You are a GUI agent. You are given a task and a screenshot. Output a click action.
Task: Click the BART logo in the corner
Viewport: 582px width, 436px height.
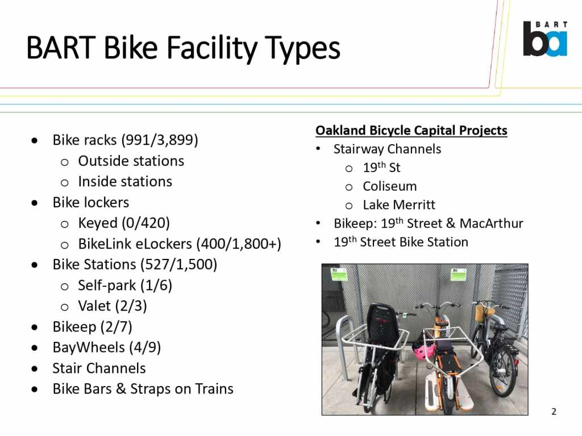click(545, 39)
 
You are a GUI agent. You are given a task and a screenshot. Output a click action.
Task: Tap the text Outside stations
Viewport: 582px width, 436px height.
click(131, 161)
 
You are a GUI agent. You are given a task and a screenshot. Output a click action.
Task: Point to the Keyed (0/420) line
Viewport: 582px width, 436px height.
click(124, 223)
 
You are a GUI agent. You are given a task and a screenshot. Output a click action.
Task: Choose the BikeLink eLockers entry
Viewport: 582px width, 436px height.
click(180, 244)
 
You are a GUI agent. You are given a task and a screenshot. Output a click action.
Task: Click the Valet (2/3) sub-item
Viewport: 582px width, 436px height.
click(113, 306)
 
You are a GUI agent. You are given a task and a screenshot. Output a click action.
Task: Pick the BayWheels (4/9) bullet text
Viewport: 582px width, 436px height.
click(106, 348)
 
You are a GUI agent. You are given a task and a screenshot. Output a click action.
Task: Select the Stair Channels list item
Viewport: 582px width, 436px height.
click(99, 368)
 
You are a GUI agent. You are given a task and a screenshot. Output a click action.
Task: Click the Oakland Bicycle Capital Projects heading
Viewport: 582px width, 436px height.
click(411, 131)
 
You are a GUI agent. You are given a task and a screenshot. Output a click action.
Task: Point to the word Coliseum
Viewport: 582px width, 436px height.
click(390, 186)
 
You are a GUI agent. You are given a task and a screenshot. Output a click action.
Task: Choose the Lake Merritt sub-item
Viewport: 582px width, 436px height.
click(399, 204)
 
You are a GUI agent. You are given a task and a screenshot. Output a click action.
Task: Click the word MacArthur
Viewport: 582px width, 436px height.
click(492, 223)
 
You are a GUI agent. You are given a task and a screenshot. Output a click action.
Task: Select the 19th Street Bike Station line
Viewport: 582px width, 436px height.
click(401, 242)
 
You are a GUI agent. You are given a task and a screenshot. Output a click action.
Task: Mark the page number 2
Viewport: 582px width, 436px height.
click(554, 412)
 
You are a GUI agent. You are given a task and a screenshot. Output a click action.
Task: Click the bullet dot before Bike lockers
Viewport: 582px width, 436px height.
click(35, 203)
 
